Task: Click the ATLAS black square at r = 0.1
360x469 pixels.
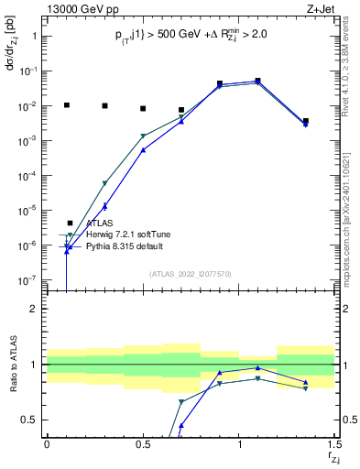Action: pos(66,105)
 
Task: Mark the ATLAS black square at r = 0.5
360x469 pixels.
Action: pos(143,109)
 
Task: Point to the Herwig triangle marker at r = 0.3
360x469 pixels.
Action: pos(104,184)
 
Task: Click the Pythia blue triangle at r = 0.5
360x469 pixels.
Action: pos(143,149)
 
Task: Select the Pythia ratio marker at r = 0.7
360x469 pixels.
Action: pos(181,426)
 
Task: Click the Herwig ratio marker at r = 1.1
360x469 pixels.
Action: pos(258,378)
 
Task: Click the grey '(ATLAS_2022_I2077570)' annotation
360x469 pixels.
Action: pos(190,274)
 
